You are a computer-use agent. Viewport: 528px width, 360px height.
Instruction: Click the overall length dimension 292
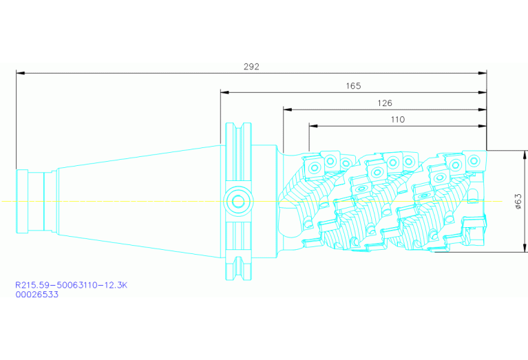coord(251,67)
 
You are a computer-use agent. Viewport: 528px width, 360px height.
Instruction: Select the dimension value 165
coord(353,86)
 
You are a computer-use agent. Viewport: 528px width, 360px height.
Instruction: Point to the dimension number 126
coord(384,103)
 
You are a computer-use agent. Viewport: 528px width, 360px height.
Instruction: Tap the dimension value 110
coord(397,120)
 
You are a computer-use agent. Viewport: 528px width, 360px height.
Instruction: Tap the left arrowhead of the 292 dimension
coord(20,72)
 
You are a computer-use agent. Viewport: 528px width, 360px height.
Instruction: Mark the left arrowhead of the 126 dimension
coord(286,109)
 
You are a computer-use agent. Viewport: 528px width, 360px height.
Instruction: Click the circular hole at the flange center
coord(238,201)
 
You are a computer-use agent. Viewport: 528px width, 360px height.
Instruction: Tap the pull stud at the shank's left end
coord(31,201)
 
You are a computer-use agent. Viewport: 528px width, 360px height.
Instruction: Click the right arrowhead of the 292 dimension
coord(483,72)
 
